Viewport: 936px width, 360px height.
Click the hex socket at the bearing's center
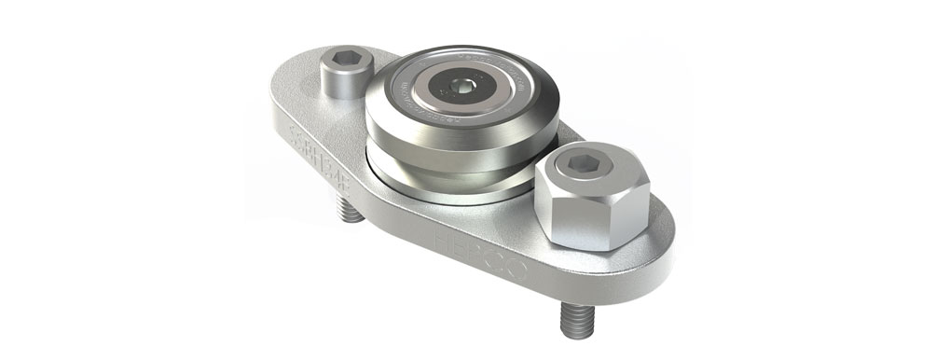click(463, 88)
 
